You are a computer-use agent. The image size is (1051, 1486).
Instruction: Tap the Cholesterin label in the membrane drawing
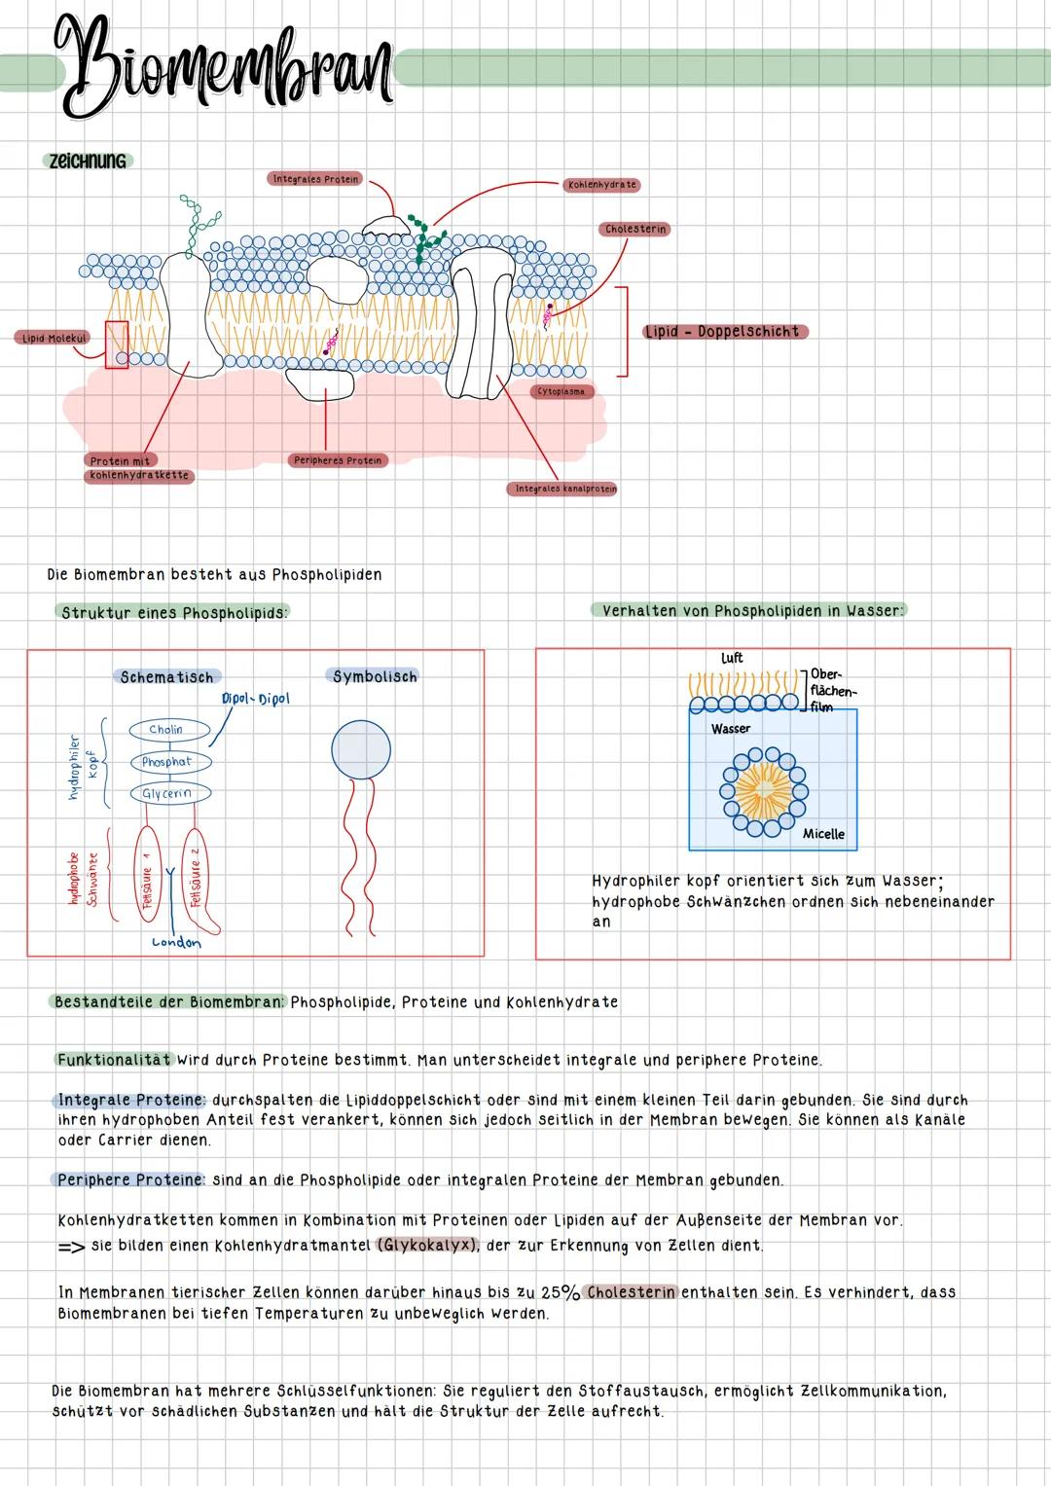tap(635, 230)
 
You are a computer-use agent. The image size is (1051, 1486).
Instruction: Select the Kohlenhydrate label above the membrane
tap(600, 185)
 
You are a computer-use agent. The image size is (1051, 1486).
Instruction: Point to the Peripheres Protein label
tap(338, 460)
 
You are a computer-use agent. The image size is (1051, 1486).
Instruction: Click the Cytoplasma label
tap(562, 391)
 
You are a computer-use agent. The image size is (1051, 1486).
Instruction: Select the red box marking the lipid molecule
tap(117, 344)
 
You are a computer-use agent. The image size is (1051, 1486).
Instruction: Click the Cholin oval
tap(166, 730)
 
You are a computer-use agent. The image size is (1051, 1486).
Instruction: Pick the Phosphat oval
tap(167, 762)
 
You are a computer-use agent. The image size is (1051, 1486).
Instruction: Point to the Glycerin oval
tap(168, 794)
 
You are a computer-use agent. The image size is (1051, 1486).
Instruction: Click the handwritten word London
tap(176, 942)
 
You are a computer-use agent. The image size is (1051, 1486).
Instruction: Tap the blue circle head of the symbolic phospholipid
tap(361, 750)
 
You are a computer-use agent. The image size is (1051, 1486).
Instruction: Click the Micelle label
tap(823, 834)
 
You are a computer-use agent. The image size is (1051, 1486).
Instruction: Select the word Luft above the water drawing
tap(732, 659)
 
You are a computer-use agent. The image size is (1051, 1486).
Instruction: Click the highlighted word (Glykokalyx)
tap(426, 1246)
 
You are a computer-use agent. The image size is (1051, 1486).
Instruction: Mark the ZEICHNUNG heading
tap(88, 162)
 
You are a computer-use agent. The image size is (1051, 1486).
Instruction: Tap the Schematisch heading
tap(166, 677)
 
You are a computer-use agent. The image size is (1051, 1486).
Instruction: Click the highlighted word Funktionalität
tap(114, 1060)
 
